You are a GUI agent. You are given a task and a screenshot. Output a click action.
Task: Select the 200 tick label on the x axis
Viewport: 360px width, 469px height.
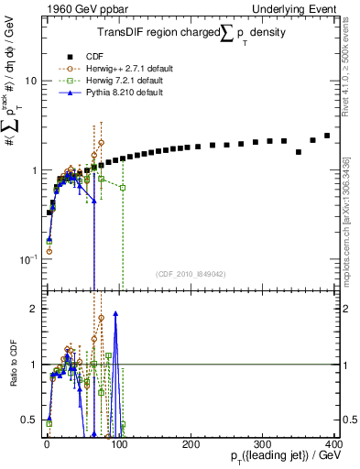pos(190,442)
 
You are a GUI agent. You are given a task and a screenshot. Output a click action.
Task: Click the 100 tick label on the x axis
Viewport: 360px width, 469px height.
pos(118,442)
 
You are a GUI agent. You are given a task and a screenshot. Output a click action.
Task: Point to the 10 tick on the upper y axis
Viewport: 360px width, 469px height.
pos(29,82)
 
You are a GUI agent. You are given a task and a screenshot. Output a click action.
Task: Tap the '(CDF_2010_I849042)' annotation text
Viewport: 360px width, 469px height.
pos(190,273)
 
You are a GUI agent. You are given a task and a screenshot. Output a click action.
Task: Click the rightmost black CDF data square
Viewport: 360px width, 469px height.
pos(327,136)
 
